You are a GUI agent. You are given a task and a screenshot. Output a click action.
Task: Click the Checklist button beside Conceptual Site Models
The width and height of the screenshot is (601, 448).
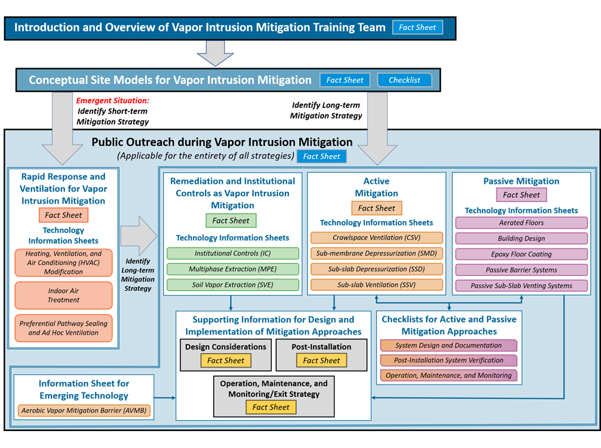pyautogui.click(x=404, y=80)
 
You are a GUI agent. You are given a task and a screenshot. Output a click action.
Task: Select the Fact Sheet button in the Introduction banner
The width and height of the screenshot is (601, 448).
pyautogui.click(x=417, y=27)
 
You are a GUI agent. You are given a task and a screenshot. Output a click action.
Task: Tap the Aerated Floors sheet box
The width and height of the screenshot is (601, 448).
pyautogui.click(x=521, y=223)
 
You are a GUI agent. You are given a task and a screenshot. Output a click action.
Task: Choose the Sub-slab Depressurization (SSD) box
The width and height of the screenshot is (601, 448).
pyautogui.click(x=376, y=269)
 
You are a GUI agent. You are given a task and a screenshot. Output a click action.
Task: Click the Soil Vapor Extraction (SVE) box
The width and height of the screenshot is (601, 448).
pyautogui.click(x=233, y=285)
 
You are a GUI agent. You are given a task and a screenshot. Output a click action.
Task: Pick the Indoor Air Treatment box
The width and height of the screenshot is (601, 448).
pyautogui.click(x=64, y=296)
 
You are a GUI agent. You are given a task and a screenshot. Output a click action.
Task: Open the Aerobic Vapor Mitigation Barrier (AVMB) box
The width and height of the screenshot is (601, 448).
pyautogui.click(x=84, y=410)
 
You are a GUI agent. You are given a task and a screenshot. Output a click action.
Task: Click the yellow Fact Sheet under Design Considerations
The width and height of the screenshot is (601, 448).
pyautogui.click(x=226, y=361)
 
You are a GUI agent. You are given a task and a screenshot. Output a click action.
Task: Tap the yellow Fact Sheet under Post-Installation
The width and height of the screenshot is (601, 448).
pyautogui.click(x=321, y=361)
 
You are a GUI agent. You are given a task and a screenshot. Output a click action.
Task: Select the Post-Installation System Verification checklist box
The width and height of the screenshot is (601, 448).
pyautogui.click(x=449, y=360)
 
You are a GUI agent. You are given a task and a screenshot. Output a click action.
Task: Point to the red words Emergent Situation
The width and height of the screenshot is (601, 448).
pyautogui.click(x=113, y=100)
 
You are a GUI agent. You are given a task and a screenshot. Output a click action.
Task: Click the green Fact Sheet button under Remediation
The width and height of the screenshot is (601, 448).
pyautogui.click(x=231, y=221)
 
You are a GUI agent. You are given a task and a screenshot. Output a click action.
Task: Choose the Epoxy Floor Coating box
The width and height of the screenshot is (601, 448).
pyautogui.click(x=521, y=254)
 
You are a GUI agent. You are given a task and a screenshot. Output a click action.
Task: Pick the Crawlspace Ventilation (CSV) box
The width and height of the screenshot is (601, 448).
pyautogui.click(x=376, y=238)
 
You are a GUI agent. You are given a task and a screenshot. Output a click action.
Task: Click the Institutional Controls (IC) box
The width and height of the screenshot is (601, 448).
pyautogui.click(x=233, y=253)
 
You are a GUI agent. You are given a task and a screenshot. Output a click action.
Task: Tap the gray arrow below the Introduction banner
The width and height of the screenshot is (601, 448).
pyautogui.click(x=215, y=53)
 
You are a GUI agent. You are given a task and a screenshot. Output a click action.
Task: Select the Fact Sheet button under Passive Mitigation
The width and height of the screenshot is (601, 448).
pyautogui.click(x=521, y=195)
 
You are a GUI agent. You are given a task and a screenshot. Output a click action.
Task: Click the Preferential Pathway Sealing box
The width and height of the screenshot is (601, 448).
pyautogui.click(x=64, y=328)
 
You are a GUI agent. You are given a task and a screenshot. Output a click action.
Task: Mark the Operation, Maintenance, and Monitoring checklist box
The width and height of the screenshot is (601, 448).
pyautogui.click(x=449, y=375)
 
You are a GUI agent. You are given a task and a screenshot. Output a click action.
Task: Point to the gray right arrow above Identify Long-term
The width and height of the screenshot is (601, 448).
pyautogui.click(x=139, y=236)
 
